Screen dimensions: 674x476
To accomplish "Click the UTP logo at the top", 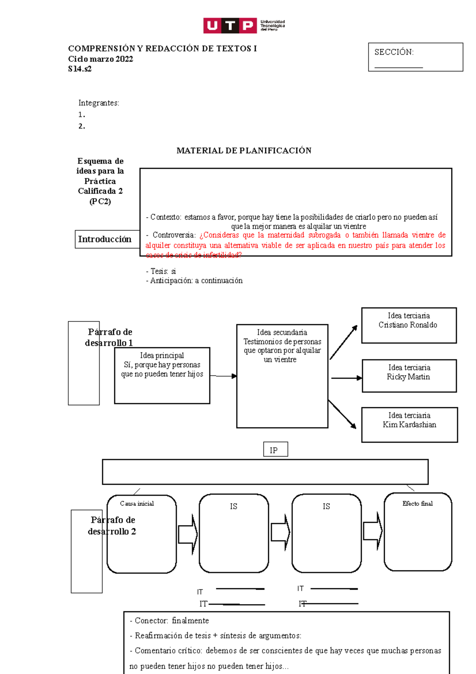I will point(244,25).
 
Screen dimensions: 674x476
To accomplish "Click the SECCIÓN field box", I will point(415,57).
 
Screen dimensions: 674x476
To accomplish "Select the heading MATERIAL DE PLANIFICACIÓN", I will point(244,150).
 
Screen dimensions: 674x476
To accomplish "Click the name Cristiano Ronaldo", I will point(408,325).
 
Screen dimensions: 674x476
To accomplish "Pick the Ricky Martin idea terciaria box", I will point(409,376).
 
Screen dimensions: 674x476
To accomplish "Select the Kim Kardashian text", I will point(409,425).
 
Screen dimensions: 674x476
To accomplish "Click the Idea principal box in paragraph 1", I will point(162,376).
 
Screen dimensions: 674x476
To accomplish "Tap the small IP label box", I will point(275,449).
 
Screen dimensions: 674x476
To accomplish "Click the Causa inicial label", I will point(137,503).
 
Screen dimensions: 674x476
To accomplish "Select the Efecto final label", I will point(417,503).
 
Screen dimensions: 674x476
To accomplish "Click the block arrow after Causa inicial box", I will point(188,534).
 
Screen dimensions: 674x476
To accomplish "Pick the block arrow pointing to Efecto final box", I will point(373,531).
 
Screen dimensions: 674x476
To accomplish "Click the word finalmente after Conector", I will point(190,620).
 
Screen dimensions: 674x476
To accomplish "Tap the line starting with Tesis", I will point(161,271).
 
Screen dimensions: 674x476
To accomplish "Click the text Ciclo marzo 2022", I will point(100,59).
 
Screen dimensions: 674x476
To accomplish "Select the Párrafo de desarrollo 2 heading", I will point(112,526).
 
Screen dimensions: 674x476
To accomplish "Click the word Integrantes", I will point(98,103).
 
